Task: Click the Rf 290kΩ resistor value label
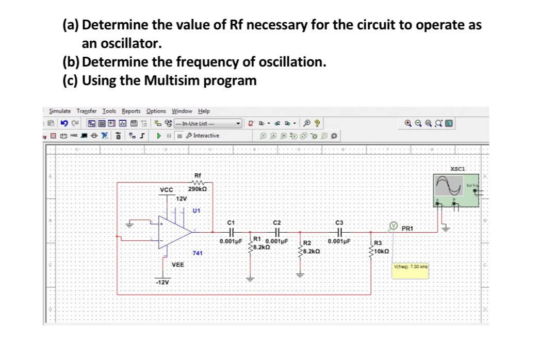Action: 197,189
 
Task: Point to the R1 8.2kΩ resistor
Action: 251,246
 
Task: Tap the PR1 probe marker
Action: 393,226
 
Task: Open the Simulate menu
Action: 60,111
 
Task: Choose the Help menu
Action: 204,111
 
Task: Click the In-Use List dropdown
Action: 208,123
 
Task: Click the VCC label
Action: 166,189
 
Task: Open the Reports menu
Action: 131,111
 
